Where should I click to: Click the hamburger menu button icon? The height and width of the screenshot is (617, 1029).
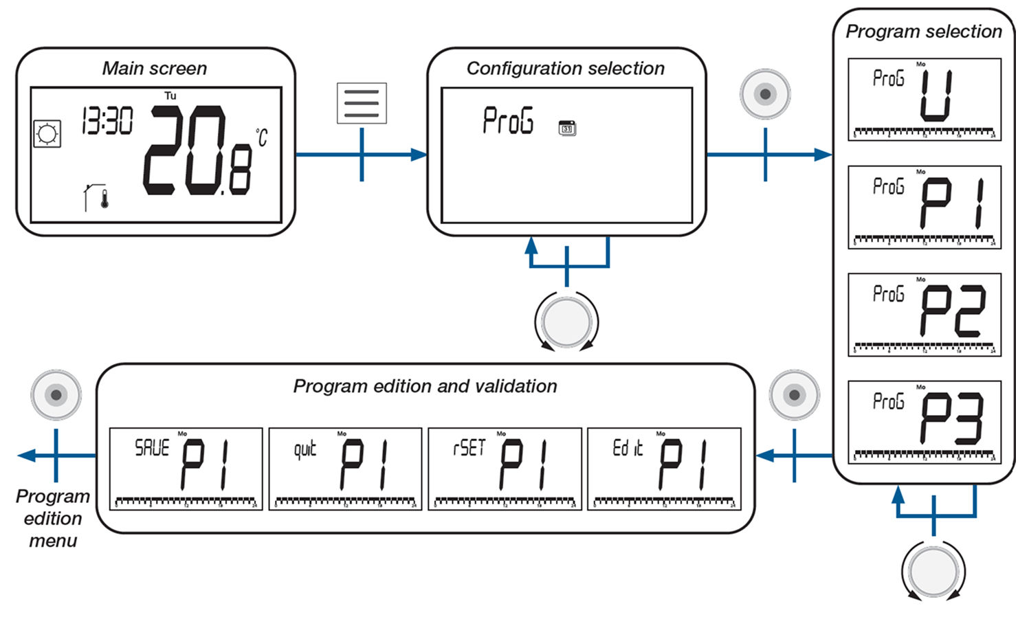(x=362, y=103)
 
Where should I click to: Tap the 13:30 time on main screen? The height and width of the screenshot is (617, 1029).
(x=107, y=121)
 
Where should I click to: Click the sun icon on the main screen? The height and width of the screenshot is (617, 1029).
(x=47, y=133)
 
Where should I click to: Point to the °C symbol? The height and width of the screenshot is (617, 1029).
(x=261, y=137)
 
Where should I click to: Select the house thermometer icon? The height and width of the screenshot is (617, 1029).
(x=96, y=197)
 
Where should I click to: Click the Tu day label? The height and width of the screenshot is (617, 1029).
(x=170, y=96)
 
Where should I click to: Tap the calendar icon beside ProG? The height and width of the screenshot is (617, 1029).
(x=567, y=128)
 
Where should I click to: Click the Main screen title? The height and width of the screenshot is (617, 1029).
(x=155, y=69)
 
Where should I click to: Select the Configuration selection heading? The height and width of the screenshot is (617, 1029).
(x=566, y=69)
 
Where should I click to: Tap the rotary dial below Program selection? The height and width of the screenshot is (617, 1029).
(x=933, y=571)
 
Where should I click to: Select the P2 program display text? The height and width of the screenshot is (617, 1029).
(x=952, y=312)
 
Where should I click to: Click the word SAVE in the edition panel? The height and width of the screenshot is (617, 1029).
(x=152, y=449)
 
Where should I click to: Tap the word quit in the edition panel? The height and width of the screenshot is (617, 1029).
(x=305, y=449)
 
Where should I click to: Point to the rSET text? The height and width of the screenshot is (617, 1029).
(x=469, y=449)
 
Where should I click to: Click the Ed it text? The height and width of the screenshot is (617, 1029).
(x=628, y=449)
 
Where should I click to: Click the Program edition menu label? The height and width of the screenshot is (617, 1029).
(x=52, y=518)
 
